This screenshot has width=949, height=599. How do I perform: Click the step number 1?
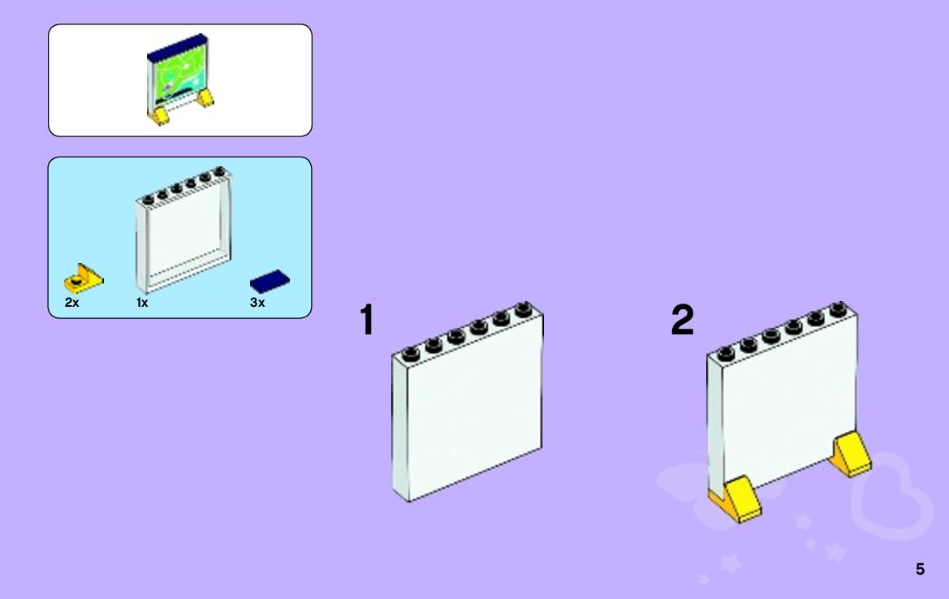coord(367,319)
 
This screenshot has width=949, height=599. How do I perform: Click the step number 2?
coord(683,319)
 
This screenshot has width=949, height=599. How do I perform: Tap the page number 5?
coord(920,569)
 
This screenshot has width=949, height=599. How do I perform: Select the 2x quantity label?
coord(71,303)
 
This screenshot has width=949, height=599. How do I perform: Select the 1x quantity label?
coord(141,303)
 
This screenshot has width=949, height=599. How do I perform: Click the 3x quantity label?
coord(257,303)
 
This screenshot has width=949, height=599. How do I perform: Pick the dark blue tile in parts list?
coord(270,282)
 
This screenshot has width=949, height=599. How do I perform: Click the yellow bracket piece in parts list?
coord(84,278)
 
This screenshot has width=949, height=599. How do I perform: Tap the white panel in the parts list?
coord(183,230)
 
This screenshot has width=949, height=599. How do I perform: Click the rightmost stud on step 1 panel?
coord(524,309)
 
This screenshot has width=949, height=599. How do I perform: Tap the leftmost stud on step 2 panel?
coord(726,353)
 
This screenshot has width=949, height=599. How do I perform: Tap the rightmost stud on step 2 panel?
coord(839,309)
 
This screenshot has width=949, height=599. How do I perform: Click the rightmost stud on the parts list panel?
coord(220,172)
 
